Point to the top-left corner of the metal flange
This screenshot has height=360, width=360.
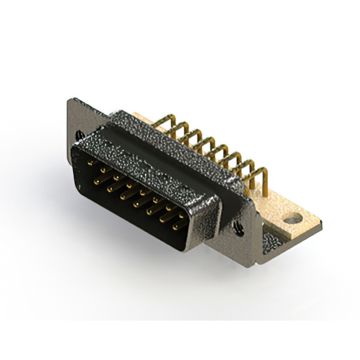[x=70, y=101]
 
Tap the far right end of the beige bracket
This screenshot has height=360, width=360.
[x=321, y=225]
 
